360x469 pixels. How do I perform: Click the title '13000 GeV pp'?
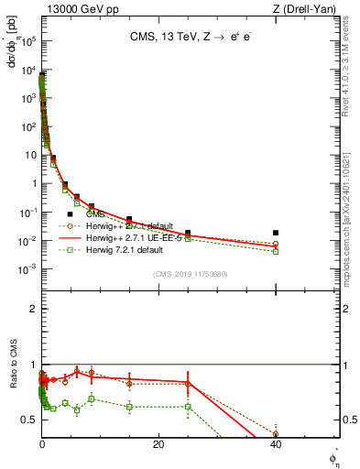76,8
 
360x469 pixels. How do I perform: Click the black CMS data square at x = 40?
276,233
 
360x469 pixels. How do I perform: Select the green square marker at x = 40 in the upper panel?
276,251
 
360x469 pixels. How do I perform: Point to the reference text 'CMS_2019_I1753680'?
189,274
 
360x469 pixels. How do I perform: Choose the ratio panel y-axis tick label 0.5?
29,420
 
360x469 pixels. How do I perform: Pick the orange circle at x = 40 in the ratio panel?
276,434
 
